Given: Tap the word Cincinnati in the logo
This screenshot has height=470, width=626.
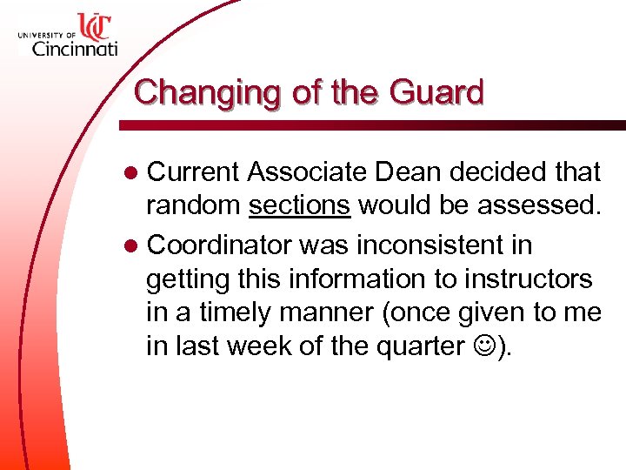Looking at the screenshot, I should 74,49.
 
